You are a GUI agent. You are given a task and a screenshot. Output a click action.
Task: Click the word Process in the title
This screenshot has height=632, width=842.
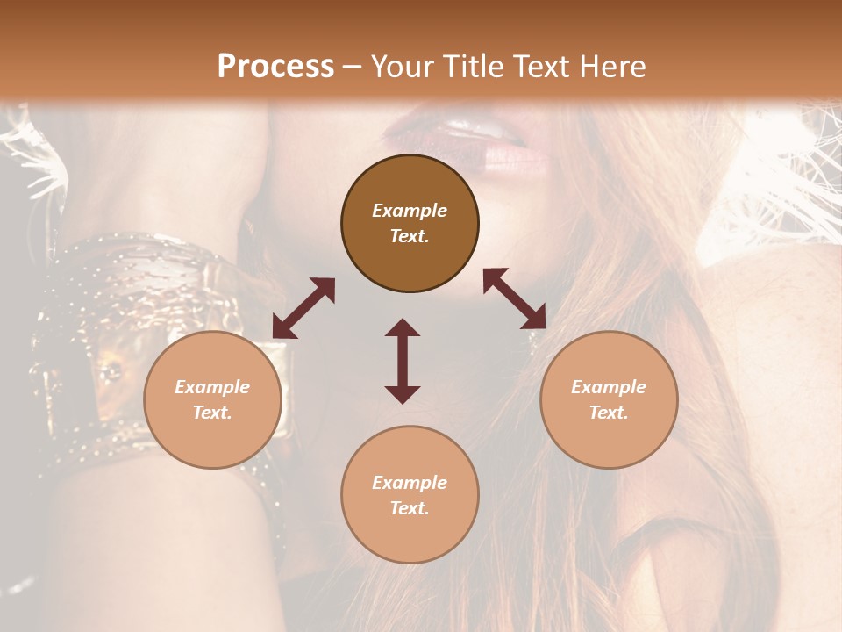click(275, 67)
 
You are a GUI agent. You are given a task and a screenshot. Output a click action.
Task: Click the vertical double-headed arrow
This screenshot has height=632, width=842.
click(403, 361)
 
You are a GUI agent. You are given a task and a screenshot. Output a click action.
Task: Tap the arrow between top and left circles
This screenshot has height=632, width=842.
click(303, 308)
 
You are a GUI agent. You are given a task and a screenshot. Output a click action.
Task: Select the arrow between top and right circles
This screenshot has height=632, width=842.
click(514, 298)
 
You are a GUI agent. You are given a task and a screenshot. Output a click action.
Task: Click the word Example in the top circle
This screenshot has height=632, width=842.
click(410, 211)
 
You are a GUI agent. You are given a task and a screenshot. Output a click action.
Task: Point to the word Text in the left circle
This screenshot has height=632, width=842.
click(212, 413)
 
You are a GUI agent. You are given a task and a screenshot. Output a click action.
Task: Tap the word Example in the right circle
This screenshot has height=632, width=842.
click(609, 387)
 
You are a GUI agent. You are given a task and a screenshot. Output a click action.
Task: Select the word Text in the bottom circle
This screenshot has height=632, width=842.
click(410, 508)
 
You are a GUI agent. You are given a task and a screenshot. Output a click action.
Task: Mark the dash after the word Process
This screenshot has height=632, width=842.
click(352, 67)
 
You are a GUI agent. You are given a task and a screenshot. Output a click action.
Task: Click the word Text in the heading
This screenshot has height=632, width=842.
click(543, 67)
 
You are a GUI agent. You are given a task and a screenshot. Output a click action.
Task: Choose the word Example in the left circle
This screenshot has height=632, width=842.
click(212, 387)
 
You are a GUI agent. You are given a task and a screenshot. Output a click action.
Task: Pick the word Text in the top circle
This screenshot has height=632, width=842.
click(410, 236)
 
